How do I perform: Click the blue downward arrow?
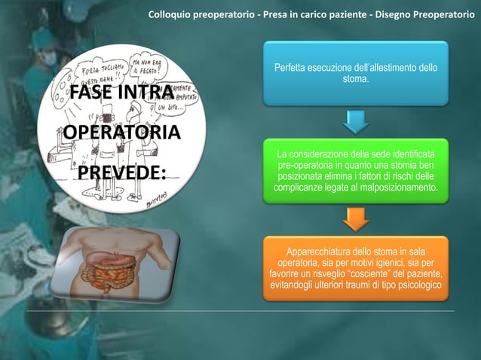pos(356,121)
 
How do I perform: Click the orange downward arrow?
pos(356,219)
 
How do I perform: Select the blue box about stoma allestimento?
pos(356,74)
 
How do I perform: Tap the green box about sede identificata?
pos(356,170)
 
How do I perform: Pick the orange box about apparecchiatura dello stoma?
pos(356,267)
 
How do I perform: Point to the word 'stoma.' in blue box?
pos(356,79)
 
